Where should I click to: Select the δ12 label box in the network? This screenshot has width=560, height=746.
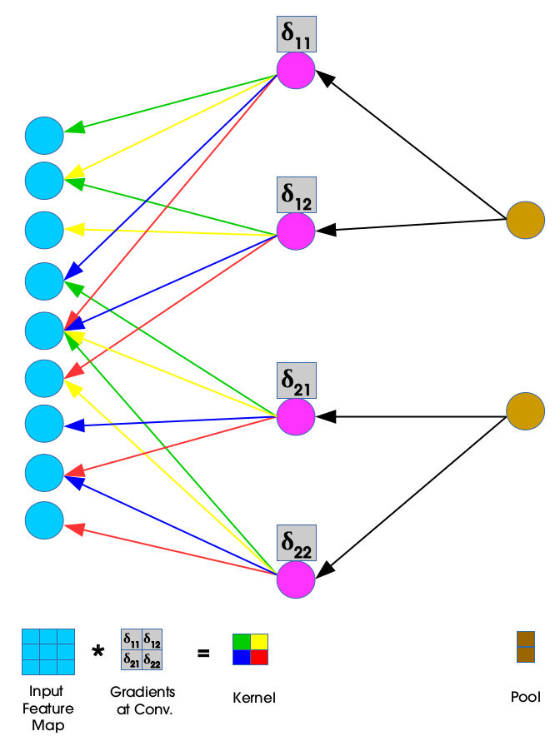pos(296,195)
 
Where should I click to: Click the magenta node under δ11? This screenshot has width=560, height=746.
pos(296,71)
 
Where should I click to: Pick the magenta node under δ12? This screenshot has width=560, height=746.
pos(296,231)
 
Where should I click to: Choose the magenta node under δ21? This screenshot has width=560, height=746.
pos(296,415)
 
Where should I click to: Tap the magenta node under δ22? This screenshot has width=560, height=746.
pos(296,579)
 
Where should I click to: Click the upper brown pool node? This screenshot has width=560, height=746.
pos(526,221)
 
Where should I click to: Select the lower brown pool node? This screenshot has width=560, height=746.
pos(526,411)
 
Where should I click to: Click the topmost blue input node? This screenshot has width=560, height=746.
pos(44,136)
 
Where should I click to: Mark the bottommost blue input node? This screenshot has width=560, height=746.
pos(44,520)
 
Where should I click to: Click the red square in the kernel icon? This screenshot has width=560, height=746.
pos(259,658)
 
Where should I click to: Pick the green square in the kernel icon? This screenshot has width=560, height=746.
pos(241,641)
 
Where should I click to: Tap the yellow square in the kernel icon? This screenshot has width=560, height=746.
pos(259,641)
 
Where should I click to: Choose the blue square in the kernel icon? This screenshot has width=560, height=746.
pos(241,658)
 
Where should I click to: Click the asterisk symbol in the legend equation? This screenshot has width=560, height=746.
pos(98,652)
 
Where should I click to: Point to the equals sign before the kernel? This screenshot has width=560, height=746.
pos(203,653)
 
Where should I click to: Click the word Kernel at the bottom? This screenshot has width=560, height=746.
pos(254,698)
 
